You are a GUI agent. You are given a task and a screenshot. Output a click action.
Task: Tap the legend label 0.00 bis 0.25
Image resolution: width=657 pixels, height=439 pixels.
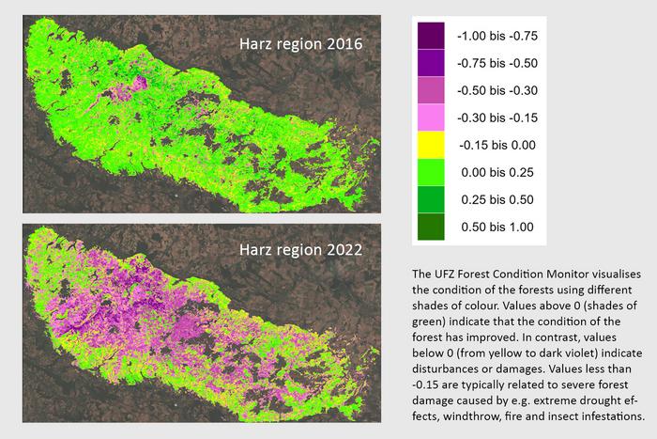496,173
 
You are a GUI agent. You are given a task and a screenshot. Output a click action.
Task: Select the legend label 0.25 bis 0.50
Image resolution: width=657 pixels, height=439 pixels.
496,199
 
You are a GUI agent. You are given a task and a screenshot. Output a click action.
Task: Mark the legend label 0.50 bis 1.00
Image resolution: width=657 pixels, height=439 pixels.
496,227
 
